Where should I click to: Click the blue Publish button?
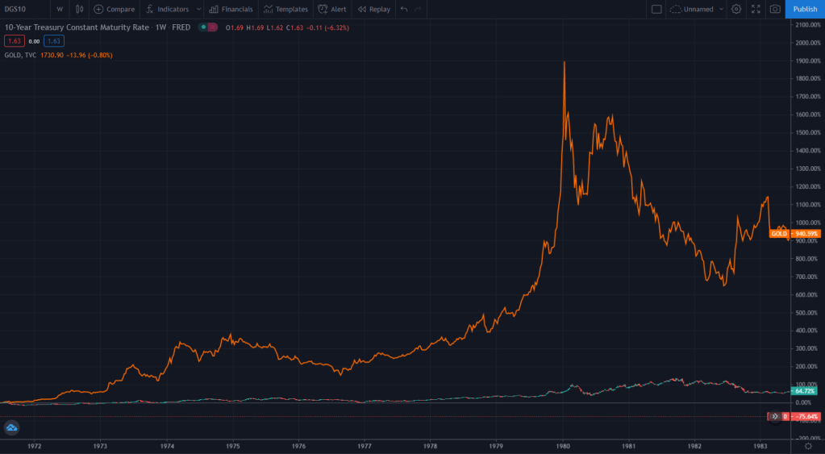(805, 9)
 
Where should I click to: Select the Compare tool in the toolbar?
(115, 9)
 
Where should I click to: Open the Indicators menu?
(169, 9)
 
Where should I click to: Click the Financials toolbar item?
(231, 9)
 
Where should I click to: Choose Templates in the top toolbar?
(285, 9)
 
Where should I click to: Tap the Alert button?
(332, 9)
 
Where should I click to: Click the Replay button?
(373, 9)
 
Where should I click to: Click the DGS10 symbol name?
(15, 9)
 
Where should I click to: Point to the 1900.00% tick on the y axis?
(806, 60)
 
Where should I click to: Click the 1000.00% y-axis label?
(806, 223)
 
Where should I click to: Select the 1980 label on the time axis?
(563, 445)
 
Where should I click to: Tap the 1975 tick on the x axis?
(233, 445)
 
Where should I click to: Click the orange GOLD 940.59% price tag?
(794, 233)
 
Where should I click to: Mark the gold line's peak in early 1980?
(564, 62)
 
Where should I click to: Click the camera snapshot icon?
(775, 9)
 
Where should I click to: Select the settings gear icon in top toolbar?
(735, 9)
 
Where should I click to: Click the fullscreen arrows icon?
(756, 9)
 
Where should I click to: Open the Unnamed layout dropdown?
(697, 9)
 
